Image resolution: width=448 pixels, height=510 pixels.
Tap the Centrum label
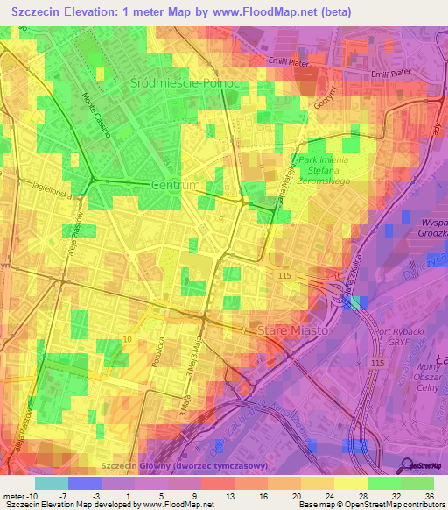(x=176, y=187)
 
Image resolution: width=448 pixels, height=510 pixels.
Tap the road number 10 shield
(x=129, y=339)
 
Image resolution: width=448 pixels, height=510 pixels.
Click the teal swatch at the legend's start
(x=51, y=483)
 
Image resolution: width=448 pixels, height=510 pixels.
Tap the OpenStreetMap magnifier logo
(x=406, y=465)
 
